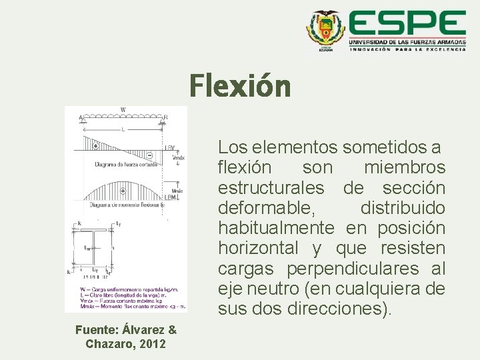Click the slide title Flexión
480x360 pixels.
click(x=240, y=86)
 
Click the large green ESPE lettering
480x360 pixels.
click(x=407, y=25)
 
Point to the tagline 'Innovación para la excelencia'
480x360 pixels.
click(x=407, y=49)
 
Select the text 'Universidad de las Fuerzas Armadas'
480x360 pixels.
click(x=407, y=41)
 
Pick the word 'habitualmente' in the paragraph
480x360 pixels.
click(x=276, y=228)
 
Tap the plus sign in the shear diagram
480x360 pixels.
click(x=96, y=145)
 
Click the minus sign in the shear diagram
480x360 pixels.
click(x=149, y=155)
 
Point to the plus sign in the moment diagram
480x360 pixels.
click(x=123, y=191)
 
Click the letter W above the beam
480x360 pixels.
click(x=122, y=110)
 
